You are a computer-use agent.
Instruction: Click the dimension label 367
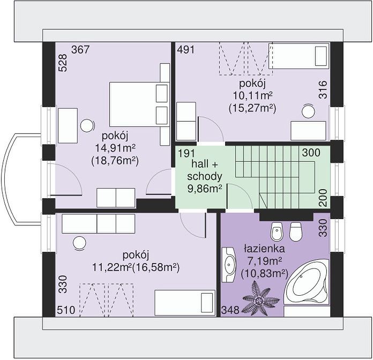tap(80, 50)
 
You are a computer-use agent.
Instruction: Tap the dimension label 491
tap(186, 50)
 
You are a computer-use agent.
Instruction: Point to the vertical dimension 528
tap(63, 63)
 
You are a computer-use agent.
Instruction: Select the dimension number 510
tap(66, 310)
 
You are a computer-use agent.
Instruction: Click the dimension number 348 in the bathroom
tap(230, 310)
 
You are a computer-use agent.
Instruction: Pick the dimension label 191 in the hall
tap(186, 153)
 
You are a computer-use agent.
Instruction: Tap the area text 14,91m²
tap(115, 148)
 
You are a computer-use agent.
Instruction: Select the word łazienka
tap(264, 249)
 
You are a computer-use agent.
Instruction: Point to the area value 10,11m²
tap(252, 96)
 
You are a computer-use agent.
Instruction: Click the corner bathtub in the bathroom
tap(306, 282)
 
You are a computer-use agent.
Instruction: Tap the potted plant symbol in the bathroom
tap(260, 298)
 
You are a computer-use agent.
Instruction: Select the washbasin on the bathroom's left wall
tap(229, 265)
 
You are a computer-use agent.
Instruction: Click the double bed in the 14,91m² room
tap(139, 104)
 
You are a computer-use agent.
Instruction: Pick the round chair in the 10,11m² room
tap(308, 111)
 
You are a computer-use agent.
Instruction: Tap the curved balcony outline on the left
tap(5, 179)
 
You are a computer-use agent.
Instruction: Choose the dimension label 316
tap(323, 89)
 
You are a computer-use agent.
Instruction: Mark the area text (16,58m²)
tap(155, 267)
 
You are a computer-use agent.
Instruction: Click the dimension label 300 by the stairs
tap(311, 153)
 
